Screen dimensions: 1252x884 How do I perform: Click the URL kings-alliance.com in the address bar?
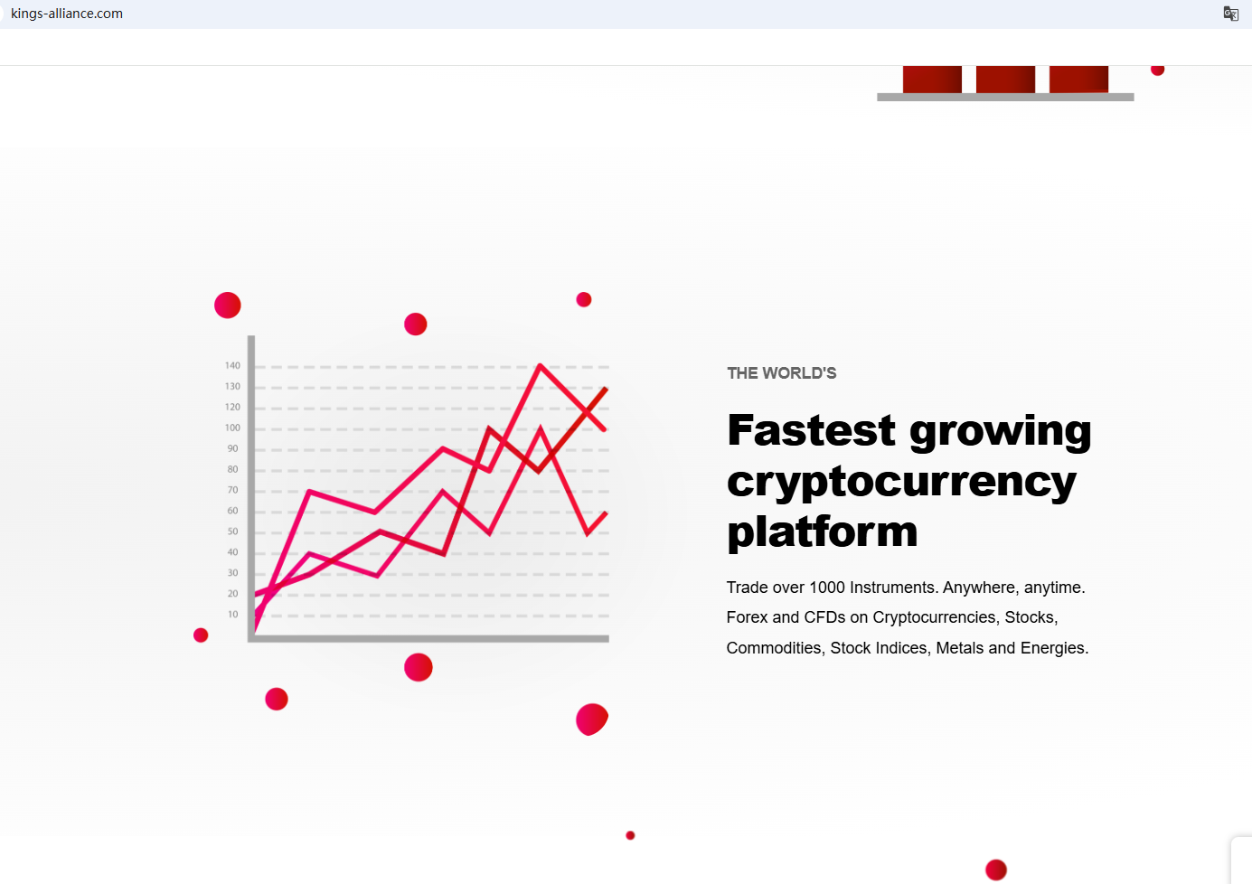(x=67, y=14)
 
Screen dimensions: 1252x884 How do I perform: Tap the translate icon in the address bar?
(x=1231, y=14)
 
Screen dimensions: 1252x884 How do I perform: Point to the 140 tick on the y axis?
(x=232, y=365)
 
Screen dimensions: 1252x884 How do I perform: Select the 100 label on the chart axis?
(x=232, y=428)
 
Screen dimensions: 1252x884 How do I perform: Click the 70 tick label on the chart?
(x=232, y=490)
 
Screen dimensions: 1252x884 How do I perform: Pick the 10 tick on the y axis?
(x=232, y=614)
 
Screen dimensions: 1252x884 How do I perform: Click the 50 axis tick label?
(x=232, y=531)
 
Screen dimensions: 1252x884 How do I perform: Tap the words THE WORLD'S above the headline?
(x=781, y=373)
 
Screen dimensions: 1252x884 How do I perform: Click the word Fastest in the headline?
(x=811, y=430)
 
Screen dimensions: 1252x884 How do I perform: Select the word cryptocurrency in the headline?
(x=901, y=482)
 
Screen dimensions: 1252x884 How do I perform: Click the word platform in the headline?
(x=823, y=532)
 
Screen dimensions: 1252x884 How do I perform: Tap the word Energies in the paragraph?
(x=1054, y=647)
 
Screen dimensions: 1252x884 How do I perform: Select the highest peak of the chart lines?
(x=540, y=365)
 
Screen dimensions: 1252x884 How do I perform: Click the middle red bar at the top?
(x=1005, y=80)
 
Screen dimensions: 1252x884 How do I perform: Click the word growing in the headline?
(x=1001, y=432)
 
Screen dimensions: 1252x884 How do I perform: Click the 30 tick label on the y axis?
(x=232, y=573)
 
